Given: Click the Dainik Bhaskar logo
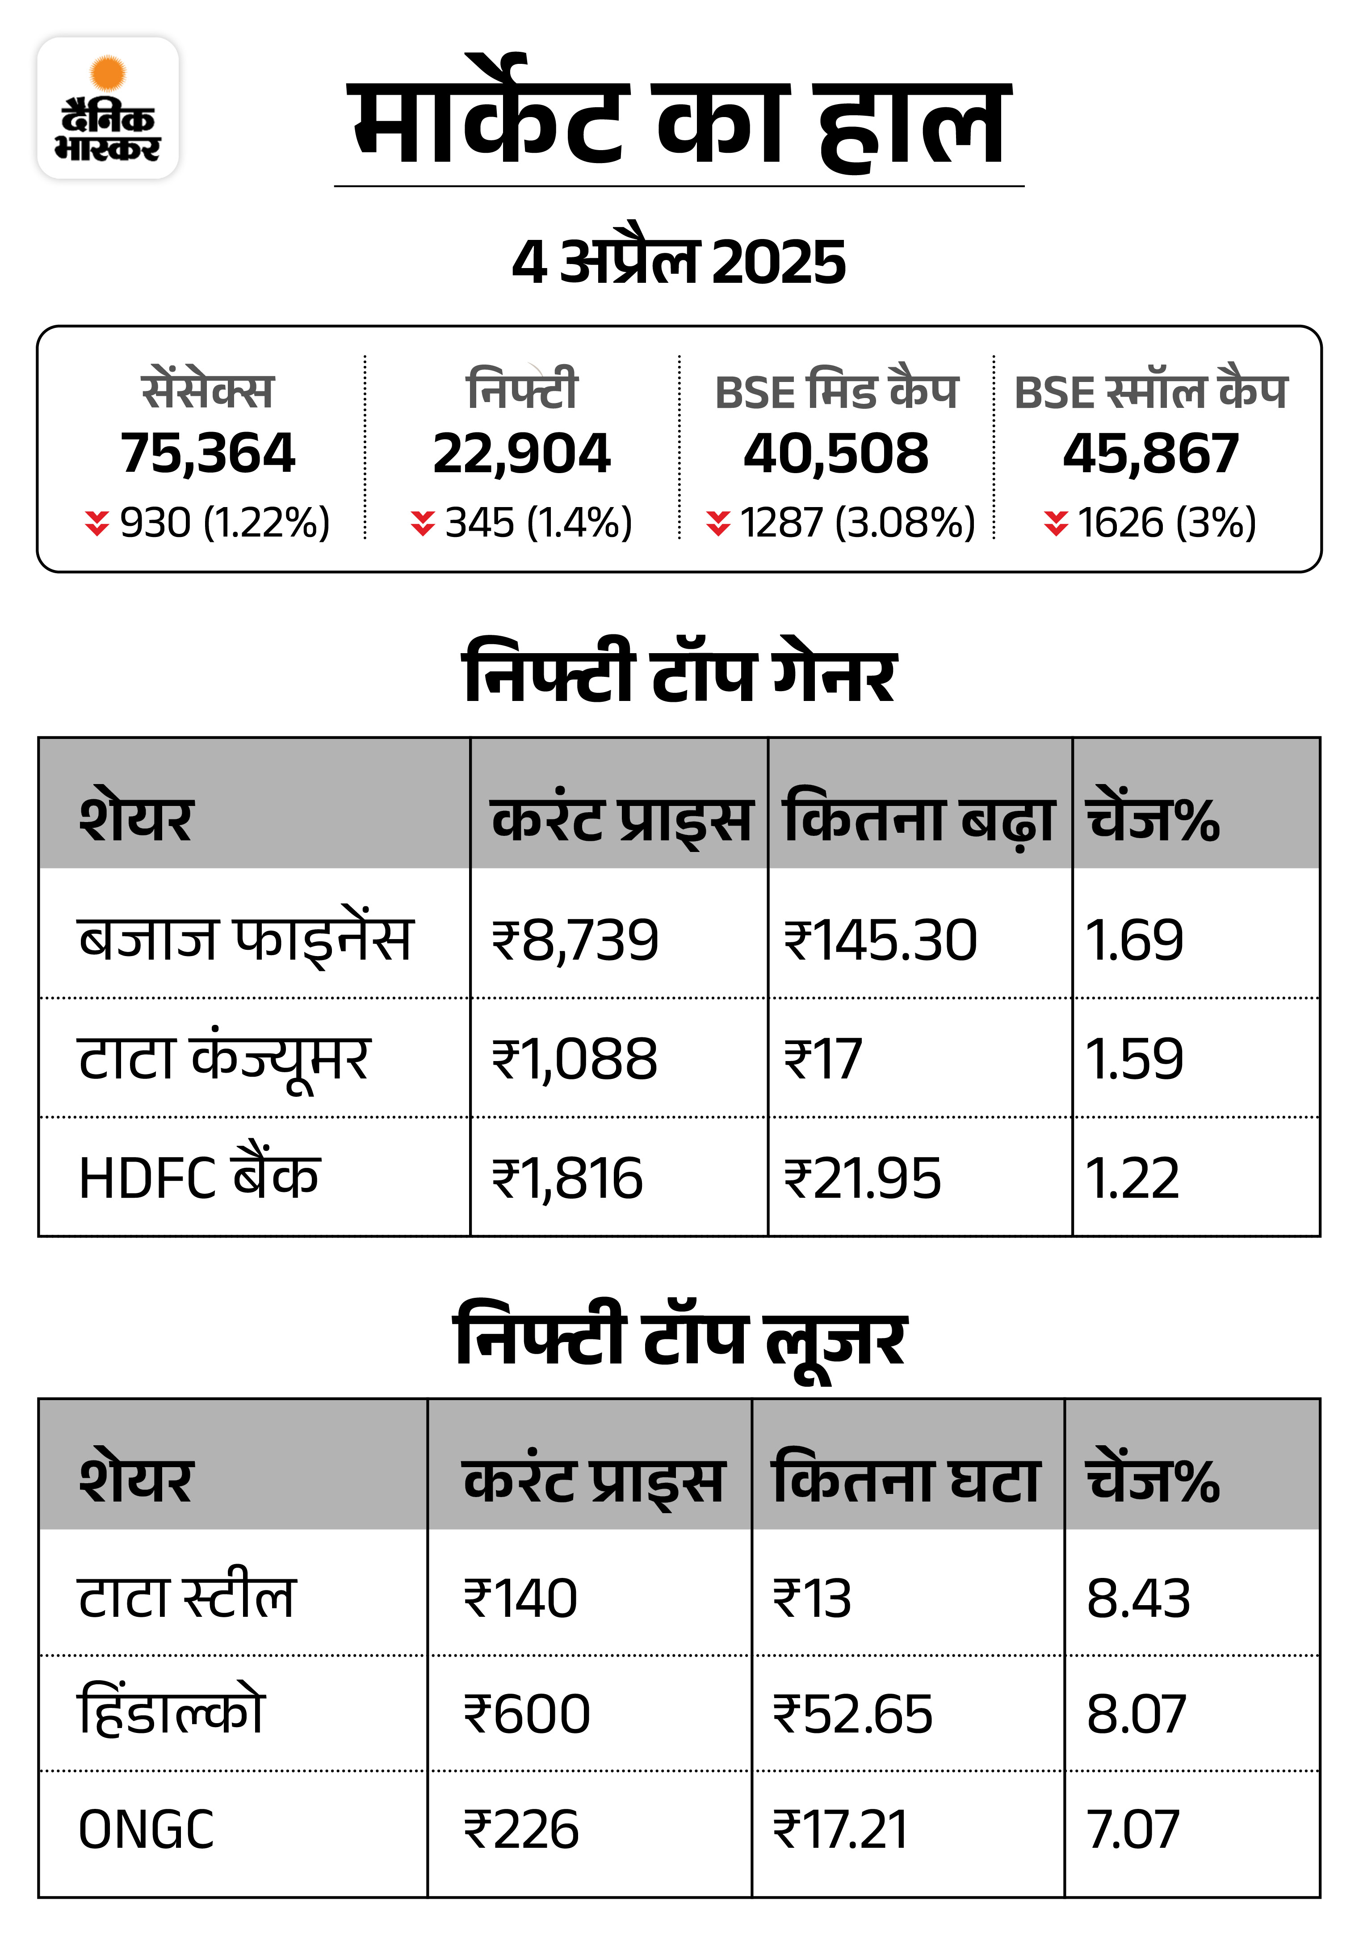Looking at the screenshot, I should (108, 108).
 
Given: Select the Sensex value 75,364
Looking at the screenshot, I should (207, 453).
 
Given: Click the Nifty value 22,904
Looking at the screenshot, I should (521, 453).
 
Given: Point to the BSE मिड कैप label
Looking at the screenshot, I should (836, 392).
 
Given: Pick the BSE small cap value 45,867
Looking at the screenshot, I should (1151, 453).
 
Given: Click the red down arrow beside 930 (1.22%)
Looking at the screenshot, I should (97, 523).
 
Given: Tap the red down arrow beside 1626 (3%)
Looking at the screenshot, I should (1056, 523).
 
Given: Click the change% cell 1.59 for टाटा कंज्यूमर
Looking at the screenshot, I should (1134, 1059).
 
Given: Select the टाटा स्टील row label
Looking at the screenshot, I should (186, 1597).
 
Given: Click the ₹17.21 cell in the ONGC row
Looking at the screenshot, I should (841, 1829).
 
